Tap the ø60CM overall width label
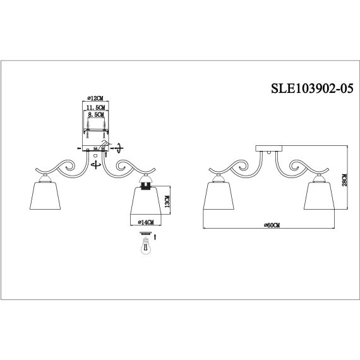271,225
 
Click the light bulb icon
144,246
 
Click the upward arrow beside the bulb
156,239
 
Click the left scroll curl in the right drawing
236,168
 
